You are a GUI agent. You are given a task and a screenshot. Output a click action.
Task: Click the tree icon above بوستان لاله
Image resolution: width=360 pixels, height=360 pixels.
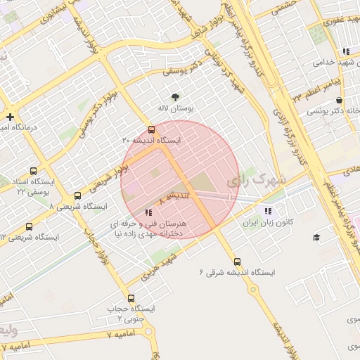pyautogui.click(x=175, y=97)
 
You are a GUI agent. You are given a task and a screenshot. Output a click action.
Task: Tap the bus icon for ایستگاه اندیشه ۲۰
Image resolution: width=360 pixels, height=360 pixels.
pyautogui.click(x=152, y=129)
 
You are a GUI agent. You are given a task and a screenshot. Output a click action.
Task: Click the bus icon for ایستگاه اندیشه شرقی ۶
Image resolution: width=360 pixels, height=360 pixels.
pyautogui.click(x=237, y=262)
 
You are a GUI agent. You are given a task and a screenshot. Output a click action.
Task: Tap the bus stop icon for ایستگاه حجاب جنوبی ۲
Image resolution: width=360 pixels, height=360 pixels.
pyautogui.click(x=131, y=299)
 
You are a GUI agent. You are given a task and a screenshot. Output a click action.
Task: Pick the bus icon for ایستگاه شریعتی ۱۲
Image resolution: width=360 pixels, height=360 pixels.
pyautogui.click(x=29, y=226)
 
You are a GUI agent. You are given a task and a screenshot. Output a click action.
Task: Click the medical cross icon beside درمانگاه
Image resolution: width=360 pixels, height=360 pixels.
pyautogui.click(x=10, y=117)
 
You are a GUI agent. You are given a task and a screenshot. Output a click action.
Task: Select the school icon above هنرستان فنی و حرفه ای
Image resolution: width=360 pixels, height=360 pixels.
pyautogui.click(x=148, y=212)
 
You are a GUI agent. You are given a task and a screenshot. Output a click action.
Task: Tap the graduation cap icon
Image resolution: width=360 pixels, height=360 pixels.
pyautogui.click(x=316, y=237)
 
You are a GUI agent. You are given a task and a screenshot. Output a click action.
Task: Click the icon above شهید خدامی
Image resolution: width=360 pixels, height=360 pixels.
pyautogui.click(x=345, y=51)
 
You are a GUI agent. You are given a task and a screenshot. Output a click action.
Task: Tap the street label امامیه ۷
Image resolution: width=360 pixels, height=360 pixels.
pyautogui.click(x=15, y=346)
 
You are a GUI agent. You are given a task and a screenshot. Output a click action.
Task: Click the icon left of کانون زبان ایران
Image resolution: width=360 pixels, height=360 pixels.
pyautogui.click(x=267, y=211)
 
